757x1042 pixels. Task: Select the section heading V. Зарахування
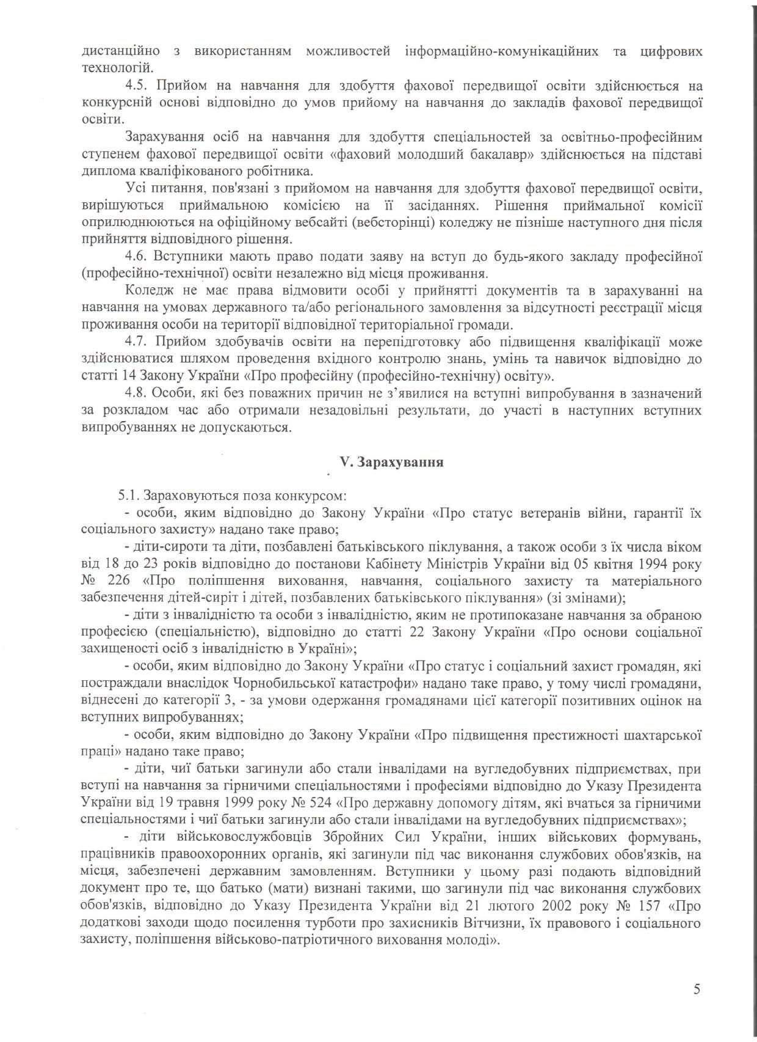(391, 462)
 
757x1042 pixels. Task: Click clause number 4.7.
(135, 340)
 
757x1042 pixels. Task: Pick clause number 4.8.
(135, 392)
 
